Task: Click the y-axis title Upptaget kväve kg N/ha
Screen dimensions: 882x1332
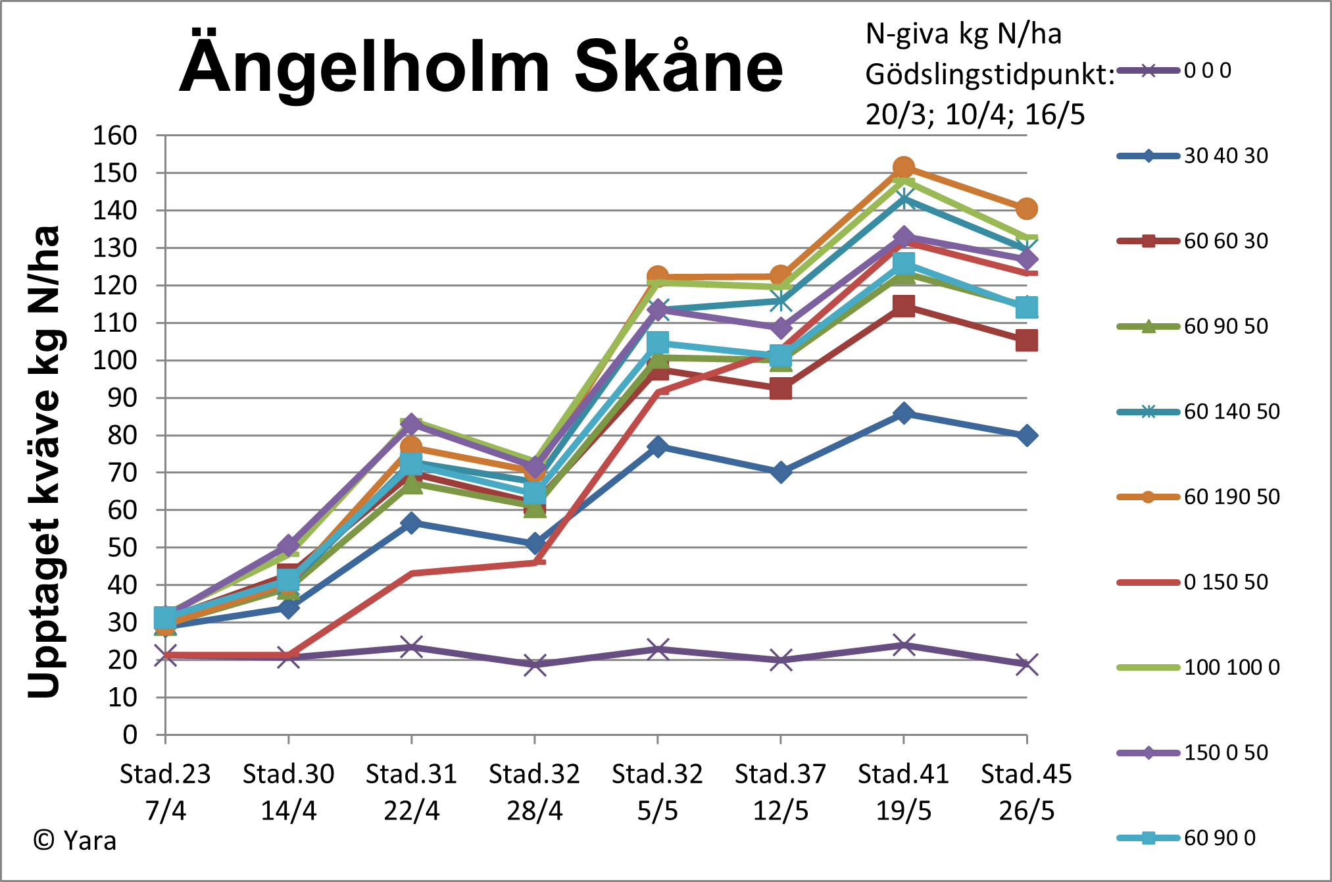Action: pyautogui.click(x=45, y=461)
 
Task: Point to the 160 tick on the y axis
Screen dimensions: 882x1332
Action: pyautogui.click(x=114, y=136)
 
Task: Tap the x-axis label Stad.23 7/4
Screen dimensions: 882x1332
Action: pyautogui.click(x=165, y=792)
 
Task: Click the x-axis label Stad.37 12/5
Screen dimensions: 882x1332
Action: pyautogui.click(x=780, y=792)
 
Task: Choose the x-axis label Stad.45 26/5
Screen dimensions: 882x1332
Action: pyautogui.click(x=1026, y=792)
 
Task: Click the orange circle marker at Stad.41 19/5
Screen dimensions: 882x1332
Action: pyautogui.click(x=903, y=168)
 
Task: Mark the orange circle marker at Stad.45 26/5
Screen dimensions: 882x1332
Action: pyautogui.click(x=1026, y=209)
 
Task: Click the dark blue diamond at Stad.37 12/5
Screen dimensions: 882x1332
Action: pyautogui.click(x=780, y=472)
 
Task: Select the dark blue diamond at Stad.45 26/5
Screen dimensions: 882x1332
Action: pyautogui.click(x=1026, y=435)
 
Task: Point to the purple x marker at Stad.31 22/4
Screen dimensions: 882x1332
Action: pyautogui.click(x=411, y=647)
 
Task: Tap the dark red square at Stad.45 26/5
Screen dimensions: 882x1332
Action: pyautogui.click(x=1026, y=341)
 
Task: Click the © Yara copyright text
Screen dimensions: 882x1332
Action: pyautogui.click(x=74, y=841)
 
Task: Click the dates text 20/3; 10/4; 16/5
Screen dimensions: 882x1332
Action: pyautogui.click(x=975, y=115)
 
